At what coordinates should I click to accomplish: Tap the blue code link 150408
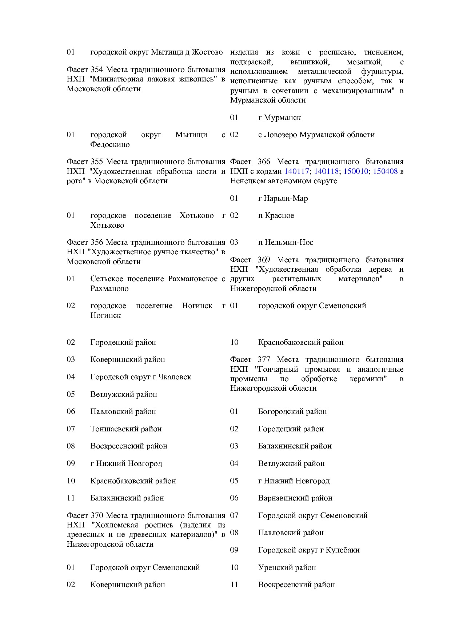pos(385,171)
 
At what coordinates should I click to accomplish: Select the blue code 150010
pos(356,171)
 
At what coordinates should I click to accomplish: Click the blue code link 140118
pos(326,171)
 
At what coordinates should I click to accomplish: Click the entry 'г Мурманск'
pos(279,117)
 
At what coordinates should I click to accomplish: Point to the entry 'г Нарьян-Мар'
pos(283,198)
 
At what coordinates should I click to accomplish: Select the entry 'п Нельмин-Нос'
pos(286,242)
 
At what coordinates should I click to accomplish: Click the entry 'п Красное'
pos(276,215)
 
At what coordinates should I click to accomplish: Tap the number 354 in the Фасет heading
pos(97,69)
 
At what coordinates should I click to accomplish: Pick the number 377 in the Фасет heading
pos(264,359)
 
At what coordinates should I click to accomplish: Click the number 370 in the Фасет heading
pos(97,515)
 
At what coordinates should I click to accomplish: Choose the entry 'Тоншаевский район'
pos(126,429)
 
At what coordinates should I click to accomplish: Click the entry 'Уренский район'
pos(287,567)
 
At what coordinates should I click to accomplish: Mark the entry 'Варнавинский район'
pos(295,498)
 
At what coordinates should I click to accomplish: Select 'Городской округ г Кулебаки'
pos(309,550)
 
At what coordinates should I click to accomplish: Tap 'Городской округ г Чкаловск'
pos(140,377)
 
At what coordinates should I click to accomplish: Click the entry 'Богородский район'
pos(292,411)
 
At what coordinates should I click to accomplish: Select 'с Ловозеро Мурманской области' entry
pos(316,135)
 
